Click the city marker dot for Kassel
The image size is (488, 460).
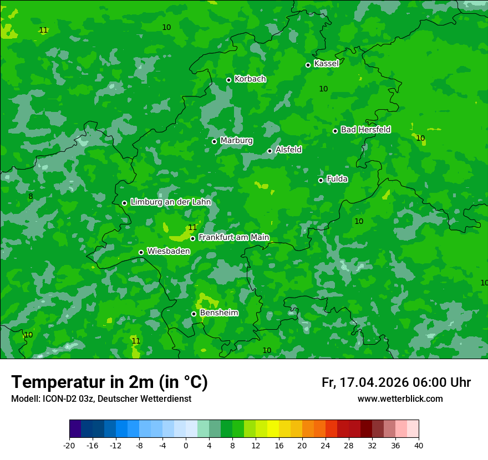click(308, 65)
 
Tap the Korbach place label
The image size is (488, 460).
click(250, 79)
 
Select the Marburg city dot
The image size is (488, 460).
click(215, 141)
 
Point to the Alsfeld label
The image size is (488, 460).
click(288, 150)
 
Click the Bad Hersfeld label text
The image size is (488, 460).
click(365, 130)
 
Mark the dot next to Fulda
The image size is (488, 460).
click(321, 180)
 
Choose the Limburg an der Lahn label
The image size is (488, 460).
click(170, 202)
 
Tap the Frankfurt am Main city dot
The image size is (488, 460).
click(193, 238)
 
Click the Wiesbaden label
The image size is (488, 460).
click(169, 251)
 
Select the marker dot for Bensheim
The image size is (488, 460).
click(194, 314)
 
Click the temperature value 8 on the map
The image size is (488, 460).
click(30, 196)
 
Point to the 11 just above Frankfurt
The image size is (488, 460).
click(192, 228)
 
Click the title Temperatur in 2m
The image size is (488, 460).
click(109, 382)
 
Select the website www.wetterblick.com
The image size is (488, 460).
click(400, 399)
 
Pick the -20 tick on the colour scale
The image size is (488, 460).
click(69, 446)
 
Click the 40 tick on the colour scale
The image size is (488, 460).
click(419, 446)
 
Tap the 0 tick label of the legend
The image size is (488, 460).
click(186, 446)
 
